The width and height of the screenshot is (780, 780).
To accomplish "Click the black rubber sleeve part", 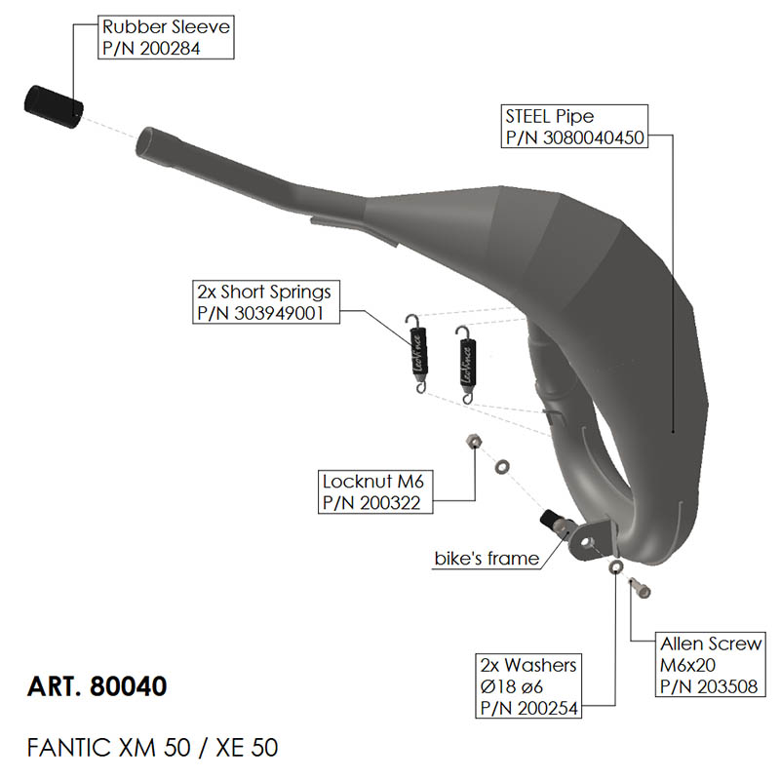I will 53,104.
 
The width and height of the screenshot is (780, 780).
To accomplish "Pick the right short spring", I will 467,360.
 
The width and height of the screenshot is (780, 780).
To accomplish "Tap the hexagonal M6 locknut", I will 471,442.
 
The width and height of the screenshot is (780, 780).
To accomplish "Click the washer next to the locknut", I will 501,466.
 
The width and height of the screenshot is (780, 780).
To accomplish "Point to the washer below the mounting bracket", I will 615,566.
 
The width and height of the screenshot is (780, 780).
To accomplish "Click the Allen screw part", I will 640,588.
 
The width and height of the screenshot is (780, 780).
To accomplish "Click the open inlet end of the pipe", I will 149,139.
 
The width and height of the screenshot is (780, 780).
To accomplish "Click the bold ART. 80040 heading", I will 97,685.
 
